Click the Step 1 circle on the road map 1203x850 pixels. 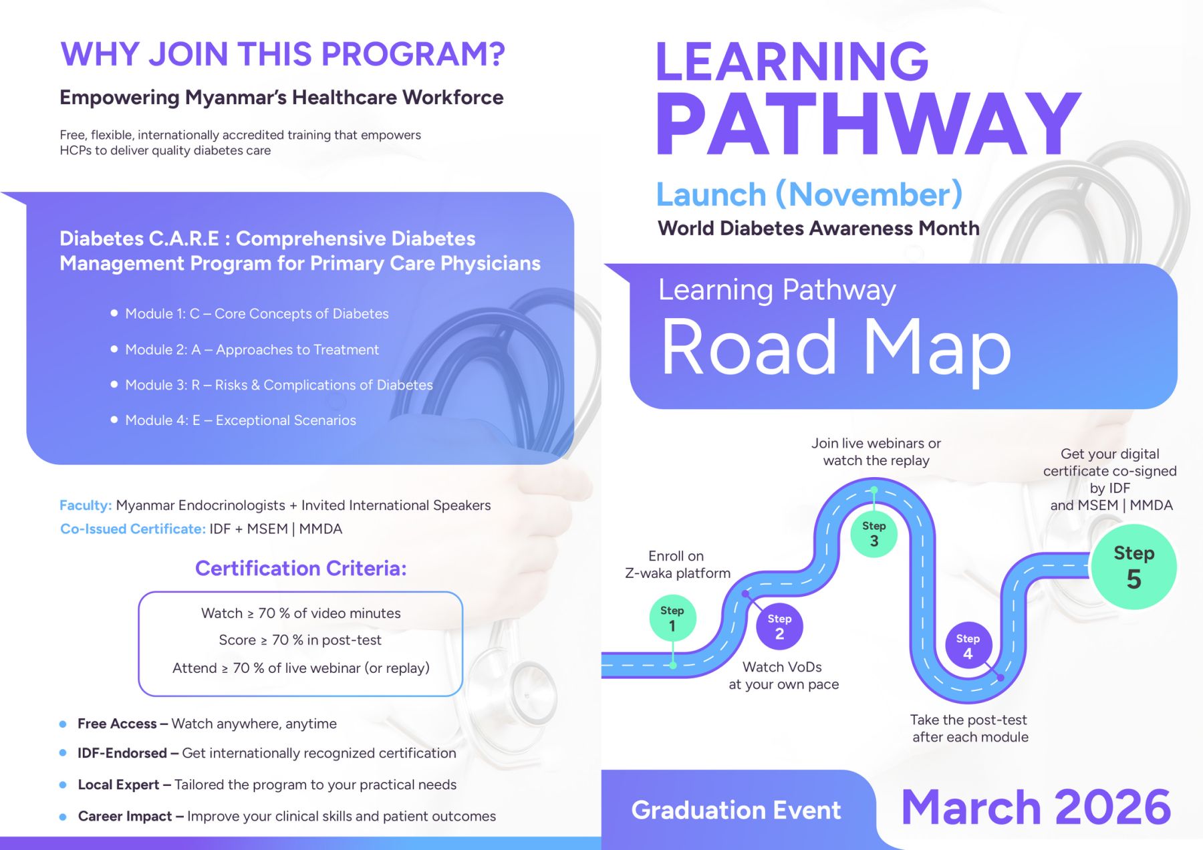(672, 618)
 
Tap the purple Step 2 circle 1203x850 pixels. (779, 626)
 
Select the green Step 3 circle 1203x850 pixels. (874, 533)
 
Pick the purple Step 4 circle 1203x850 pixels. (968, 646)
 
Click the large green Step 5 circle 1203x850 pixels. (1134, 567)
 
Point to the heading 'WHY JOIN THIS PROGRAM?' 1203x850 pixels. (283, 54)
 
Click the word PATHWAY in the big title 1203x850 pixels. (869, 124)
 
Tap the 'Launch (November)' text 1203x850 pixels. (809, 194)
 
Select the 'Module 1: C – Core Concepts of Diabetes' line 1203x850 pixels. (257, 313)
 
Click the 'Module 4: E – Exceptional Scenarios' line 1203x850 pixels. (241, 420)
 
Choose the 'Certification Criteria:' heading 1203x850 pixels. (301, 568)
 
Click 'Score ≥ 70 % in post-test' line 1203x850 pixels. (300, 640)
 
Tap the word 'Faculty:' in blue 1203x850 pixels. (86, 505)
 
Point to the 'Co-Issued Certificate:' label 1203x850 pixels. (133, 529)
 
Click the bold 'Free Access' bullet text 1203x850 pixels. (117, 724)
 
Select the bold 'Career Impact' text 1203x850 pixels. (125, 816)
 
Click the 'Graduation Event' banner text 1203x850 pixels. (736, 810)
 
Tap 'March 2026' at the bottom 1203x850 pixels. (1036, 807)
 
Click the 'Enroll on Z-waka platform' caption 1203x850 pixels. (678, 565)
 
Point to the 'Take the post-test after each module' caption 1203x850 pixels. (969, 728)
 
